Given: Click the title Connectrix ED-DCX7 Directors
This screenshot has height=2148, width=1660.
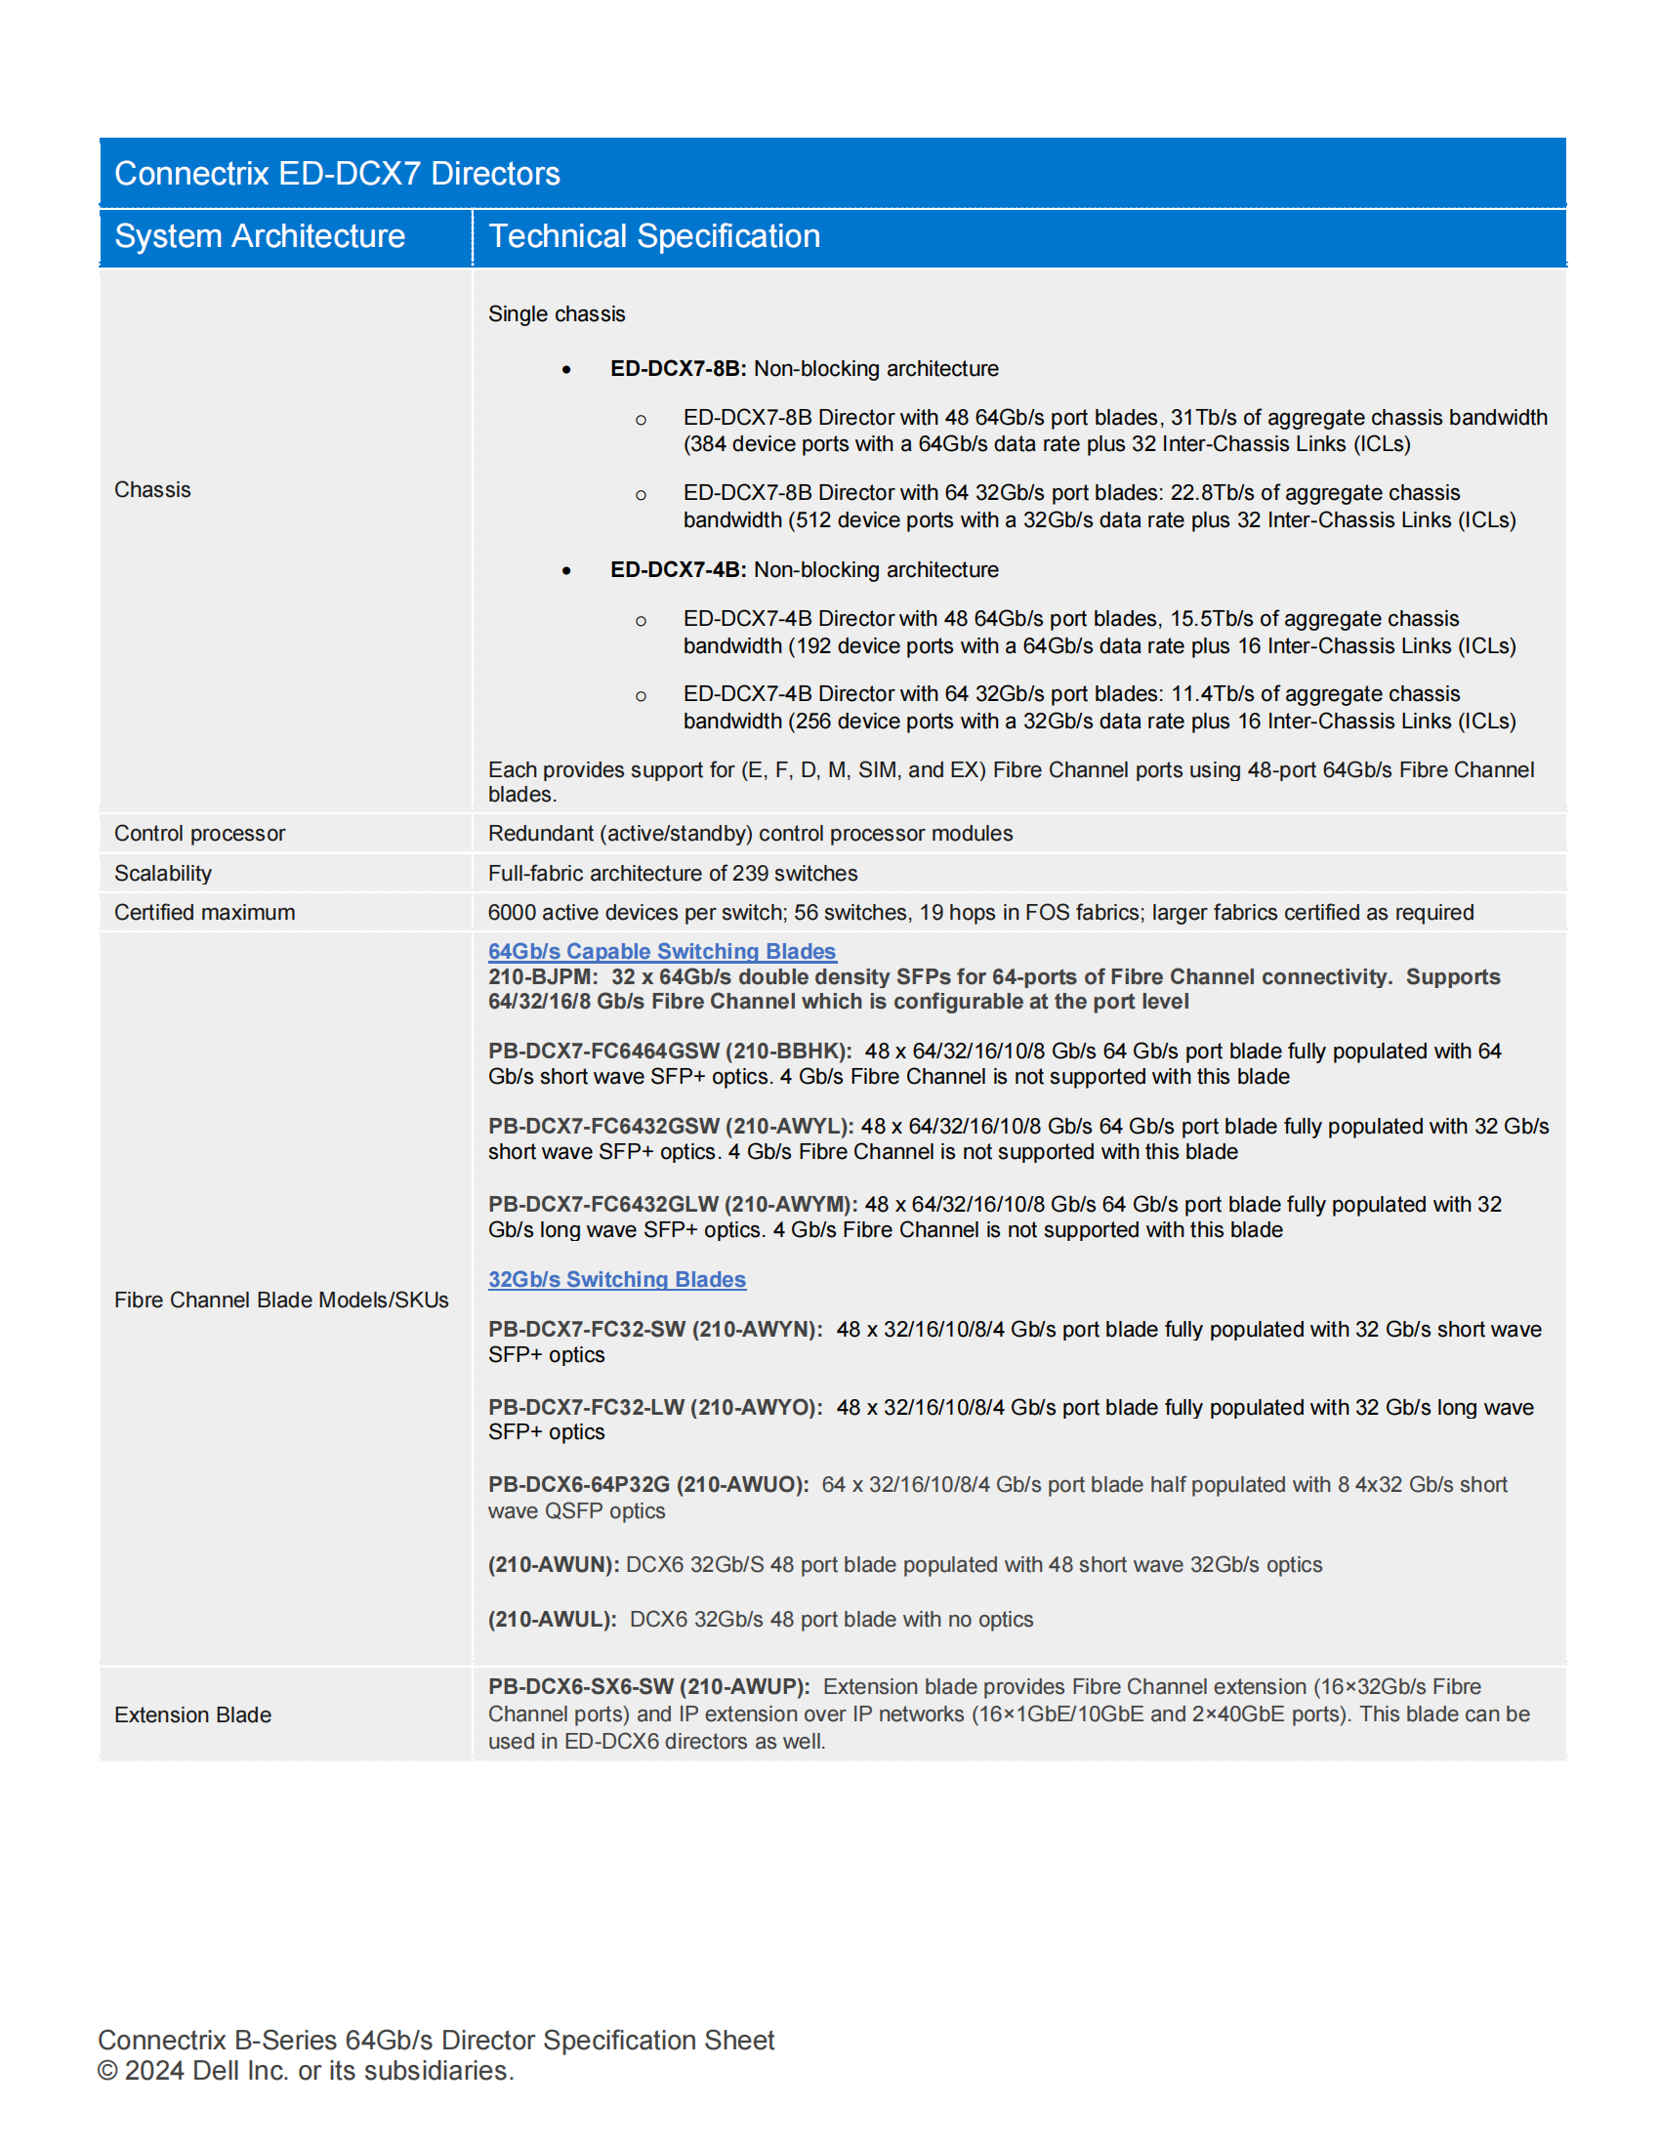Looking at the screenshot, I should [x=336, y=174].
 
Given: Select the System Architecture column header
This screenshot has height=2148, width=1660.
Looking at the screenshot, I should [x=260, y=236].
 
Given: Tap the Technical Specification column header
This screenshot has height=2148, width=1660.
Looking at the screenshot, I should [x=654, y=236].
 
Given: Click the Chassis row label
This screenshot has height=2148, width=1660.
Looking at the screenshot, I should [x=152, y=490].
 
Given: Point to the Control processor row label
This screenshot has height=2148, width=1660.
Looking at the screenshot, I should [x=199, y=833].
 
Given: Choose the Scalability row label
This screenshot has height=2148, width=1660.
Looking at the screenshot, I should [x=163, y=874].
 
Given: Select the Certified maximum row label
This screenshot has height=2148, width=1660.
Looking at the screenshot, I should [x=204, y=913].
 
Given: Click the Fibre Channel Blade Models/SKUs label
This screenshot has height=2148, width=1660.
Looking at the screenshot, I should [x=281, y=1301].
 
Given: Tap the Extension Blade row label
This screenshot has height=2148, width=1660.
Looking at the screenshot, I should [x=192, y=1715].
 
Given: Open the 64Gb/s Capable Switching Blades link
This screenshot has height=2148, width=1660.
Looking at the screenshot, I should [x=662, y=951].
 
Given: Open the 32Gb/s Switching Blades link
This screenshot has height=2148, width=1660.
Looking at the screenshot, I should [x=616, y=1280].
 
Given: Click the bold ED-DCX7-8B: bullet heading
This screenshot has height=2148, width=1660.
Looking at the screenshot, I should [x=678, y=369].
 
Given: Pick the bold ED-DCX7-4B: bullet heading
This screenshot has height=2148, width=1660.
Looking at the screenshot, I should [x=678, y=570].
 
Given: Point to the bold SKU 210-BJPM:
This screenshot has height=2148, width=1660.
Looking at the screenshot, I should [x=542, y=976].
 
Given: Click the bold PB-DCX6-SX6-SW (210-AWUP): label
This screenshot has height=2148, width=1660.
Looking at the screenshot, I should [x=648, y=1687].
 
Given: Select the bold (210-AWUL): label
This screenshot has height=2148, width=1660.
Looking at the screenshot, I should [x=552, y=1620].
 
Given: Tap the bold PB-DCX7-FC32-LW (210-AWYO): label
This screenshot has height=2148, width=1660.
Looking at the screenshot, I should [x=655, y=1407].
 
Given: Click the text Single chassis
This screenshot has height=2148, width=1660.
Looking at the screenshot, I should [x=557, y=314].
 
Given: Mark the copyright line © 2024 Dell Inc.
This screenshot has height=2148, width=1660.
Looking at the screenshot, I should [x=305, y=2070].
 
